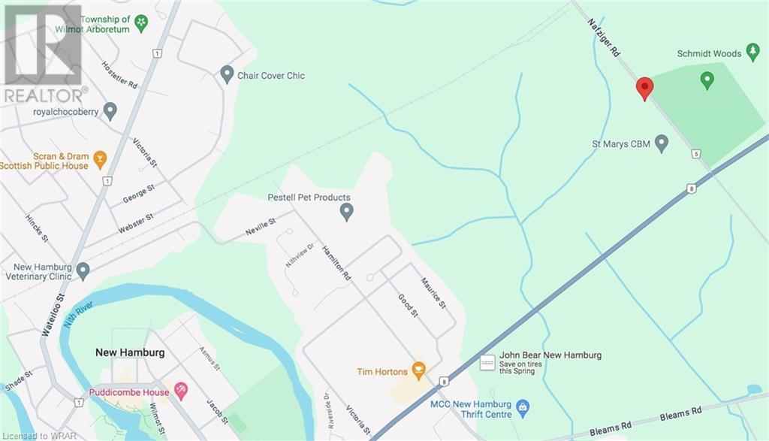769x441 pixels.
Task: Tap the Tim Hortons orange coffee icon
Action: click(419, 371)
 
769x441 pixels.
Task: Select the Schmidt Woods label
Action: click(708, 54)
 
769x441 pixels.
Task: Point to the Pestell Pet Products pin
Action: click(346, 212)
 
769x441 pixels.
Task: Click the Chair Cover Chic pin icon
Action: click(227, 74)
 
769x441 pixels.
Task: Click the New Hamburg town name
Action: click(130, 352)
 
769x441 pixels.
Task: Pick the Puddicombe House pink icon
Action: click(180, 389)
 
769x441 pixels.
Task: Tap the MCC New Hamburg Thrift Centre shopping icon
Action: click(523, 409)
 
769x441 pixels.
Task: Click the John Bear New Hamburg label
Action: click(550, 355)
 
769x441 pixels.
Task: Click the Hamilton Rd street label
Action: click(336, 263)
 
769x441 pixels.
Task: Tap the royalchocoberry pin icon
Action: click(110, 111)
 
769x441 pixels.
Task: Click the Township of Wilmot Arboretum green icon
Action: click(141, 24)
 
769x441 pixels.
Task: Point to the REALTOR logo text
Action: click(44, 95)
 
